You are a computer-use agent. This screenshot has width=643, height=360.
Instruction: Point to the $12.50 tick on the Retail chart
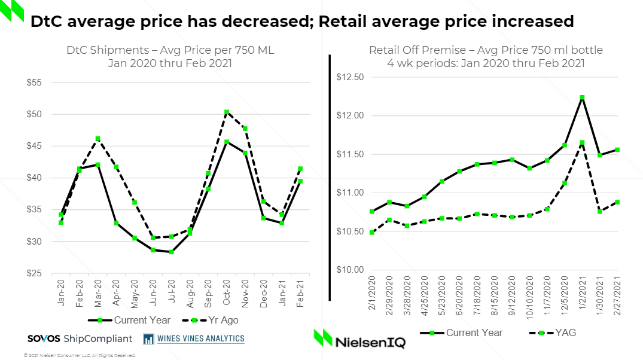[x=350, y=77]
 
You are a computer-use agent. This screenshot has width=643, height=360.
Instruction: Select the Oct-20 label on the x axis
[x=227, y=292]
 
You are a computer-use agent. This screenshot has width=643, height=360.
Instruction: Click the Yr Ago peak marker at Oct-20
[x=227, y=112]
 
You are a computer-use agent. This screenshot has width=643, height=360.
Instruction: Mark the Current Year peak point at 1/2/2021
[x=582, y=97]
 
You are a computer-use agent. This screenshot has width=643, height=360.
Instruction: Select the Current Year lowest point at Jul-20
[x=172, y=252]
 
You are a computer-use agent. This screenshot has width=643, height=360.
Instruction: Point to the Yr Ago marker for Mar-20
[x=98, y=139]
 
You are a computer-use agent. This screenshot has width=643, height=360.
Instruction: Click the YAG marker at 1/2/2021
[x=582, y=142]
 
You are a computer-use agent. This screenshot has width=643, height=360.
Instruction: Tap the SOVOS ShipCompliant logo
[x=80, y=338]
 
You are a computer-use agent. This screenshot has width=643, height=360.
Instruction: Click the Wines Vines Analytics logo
[x=194, y=338]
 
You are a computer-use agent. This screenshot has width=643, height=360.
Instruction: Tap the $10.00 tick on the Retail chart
[x=350, y=270]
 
